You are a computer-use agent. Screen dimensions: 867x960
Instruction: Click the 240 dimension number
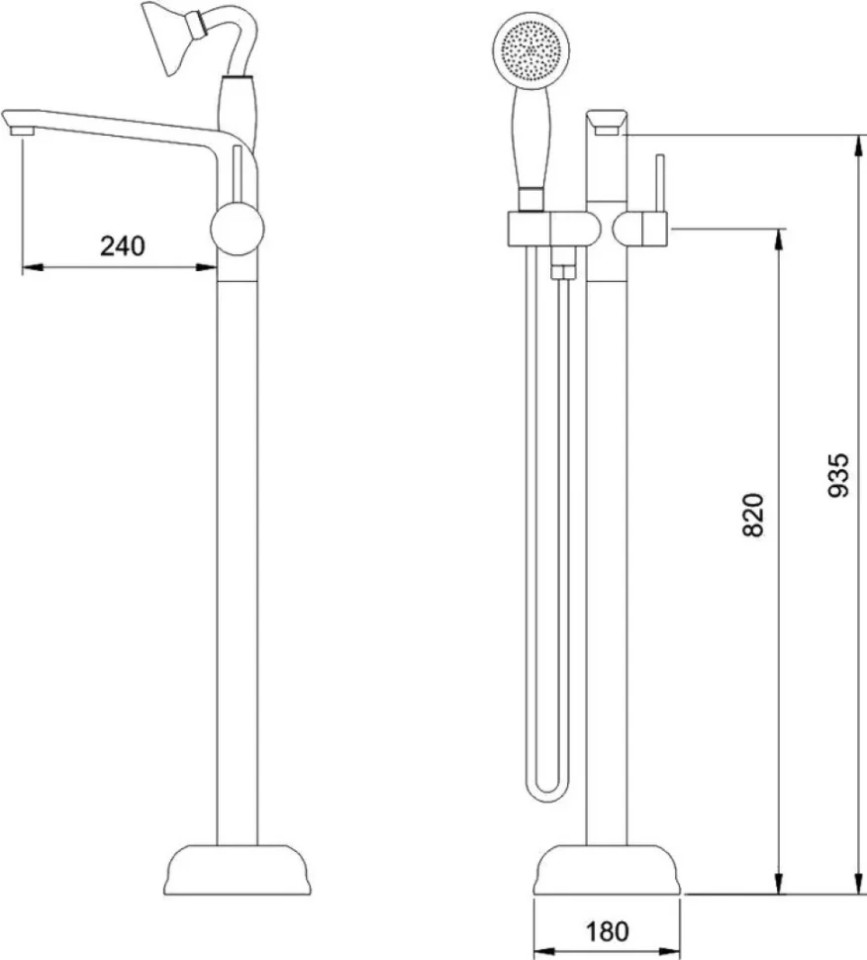(123, 246)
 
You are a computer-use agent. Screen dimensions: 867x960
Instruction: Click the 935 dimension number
(837, 475)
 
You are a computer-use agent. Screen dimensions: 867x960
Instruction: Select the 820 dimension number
(753, 515)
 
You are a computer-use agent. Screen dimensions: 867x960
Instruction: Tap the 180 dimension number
(607, 931)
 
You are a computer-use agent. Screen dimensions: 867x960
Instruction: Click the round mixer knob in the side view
(237, 229)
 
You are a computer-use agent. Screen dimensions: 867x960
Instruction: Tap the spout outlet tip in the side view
(21, 131)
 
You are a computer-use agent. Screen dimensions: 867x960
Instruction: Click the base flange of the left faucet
(238, 871)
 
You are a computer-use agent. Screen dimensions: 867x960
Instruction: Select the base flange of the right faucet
(607, 870)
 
